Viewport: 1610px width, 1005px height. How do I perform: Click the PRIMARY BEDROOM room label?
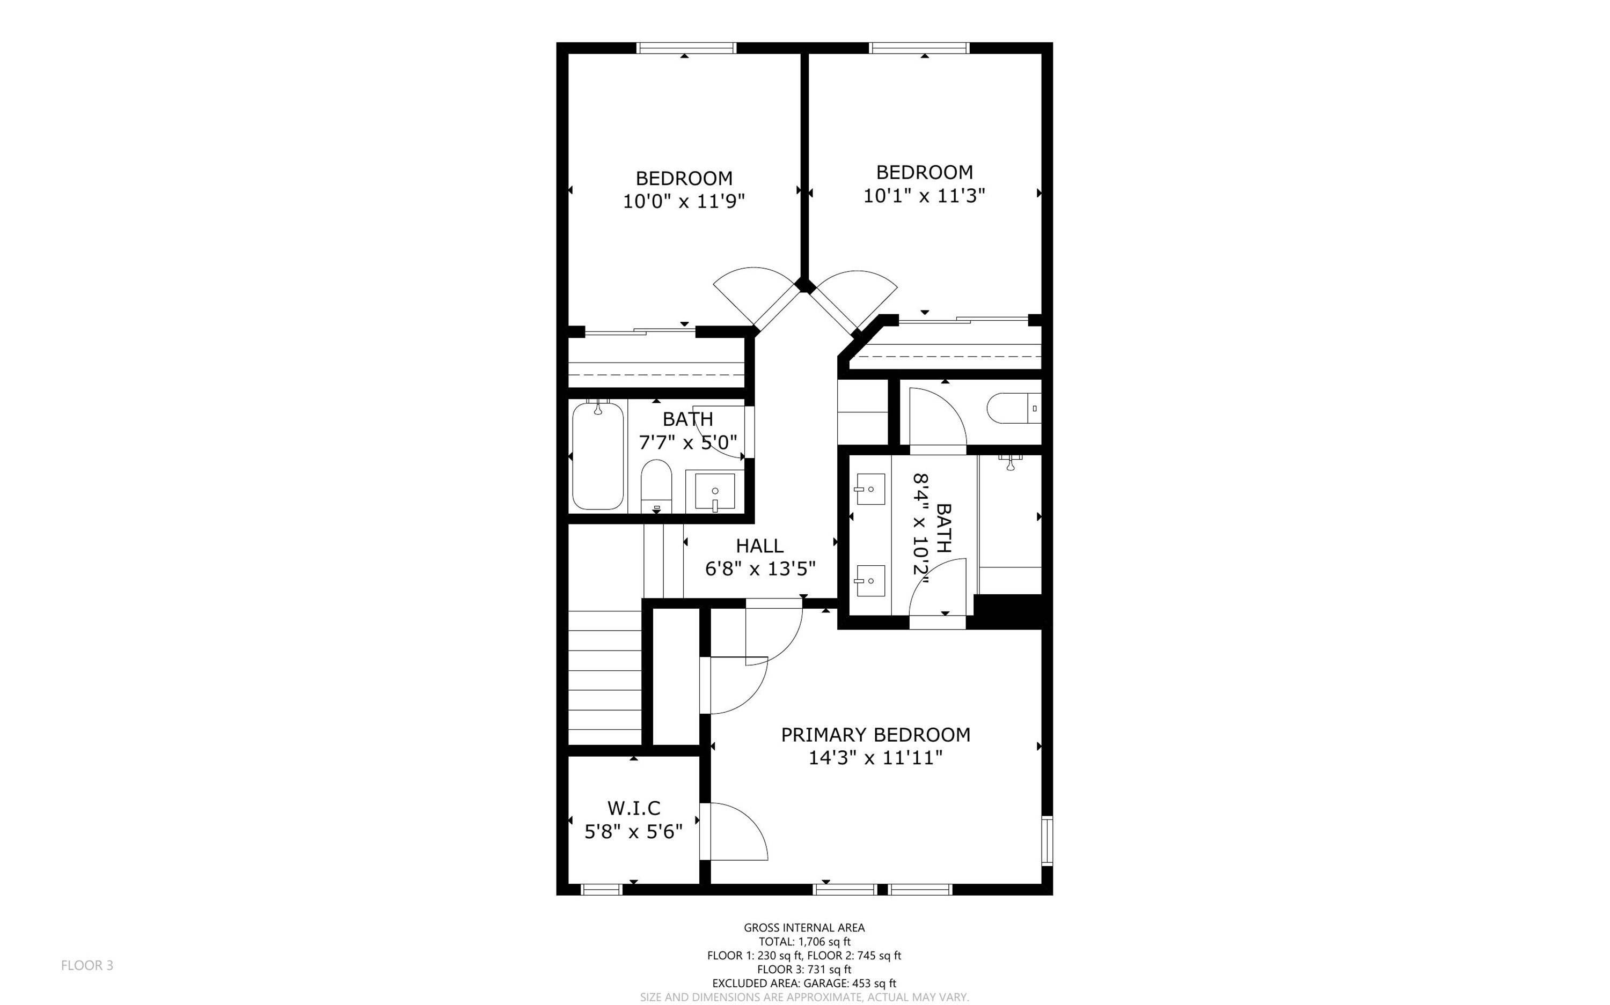coord(875,735)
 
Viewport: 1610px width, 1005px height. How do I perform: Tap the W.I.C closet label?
coord(634,808)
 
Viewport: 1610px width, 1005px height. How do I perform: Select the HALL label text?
coord(759,546)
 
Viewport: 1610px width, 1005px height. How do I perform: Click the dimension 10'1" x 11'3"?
coord(924,195)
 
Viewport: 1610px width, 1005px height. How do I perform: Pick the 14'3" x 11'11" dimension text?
coord(876,758)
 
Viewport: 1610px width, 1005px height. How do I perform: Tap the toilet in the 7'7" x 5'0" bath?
coord(656,486)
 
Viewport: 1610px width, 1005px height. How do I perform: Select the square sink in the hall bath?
coord(715,492)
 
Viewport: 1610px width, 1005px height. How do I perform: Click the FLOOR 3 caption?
coord(87,965)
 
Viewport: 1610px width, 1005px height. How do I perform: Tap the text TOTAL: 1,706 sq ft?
coord(804,941)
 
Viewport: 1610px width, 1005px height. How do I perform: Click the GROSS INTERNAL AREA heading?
coord(804,927)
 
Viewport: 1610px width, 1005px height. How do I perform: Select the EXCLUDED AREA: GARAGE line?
coord(804,983)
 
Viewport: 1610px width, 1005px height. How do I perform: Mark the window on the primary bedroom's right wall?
coord(1048,840)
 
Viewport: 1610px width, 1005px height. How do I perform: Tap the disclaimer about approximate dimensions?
coord(804,997)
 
